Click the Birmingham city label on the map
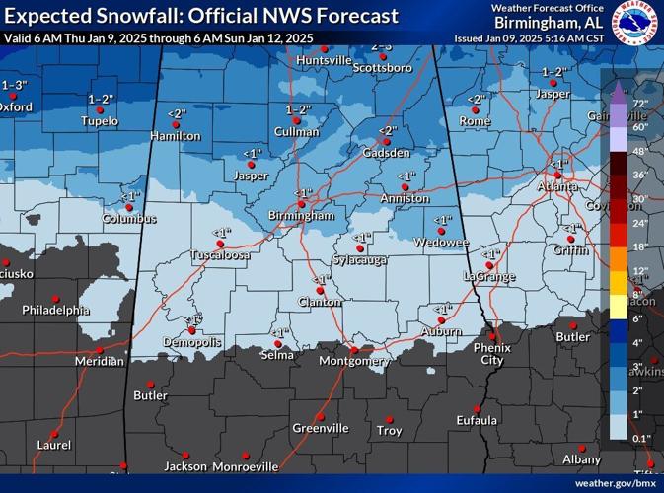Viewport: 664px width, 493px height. coord(302,215)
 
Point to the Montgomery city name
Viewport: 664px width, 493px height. coord(355,362)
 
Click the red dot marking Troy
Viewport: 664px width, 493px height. coord(389,419)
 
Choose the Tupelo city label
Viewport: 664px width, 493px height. coord(100,121)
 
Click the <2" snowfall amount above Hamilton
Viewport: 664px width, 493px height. coord(176,114)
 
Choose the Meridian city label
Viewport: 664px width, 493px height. coord(100,362)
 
